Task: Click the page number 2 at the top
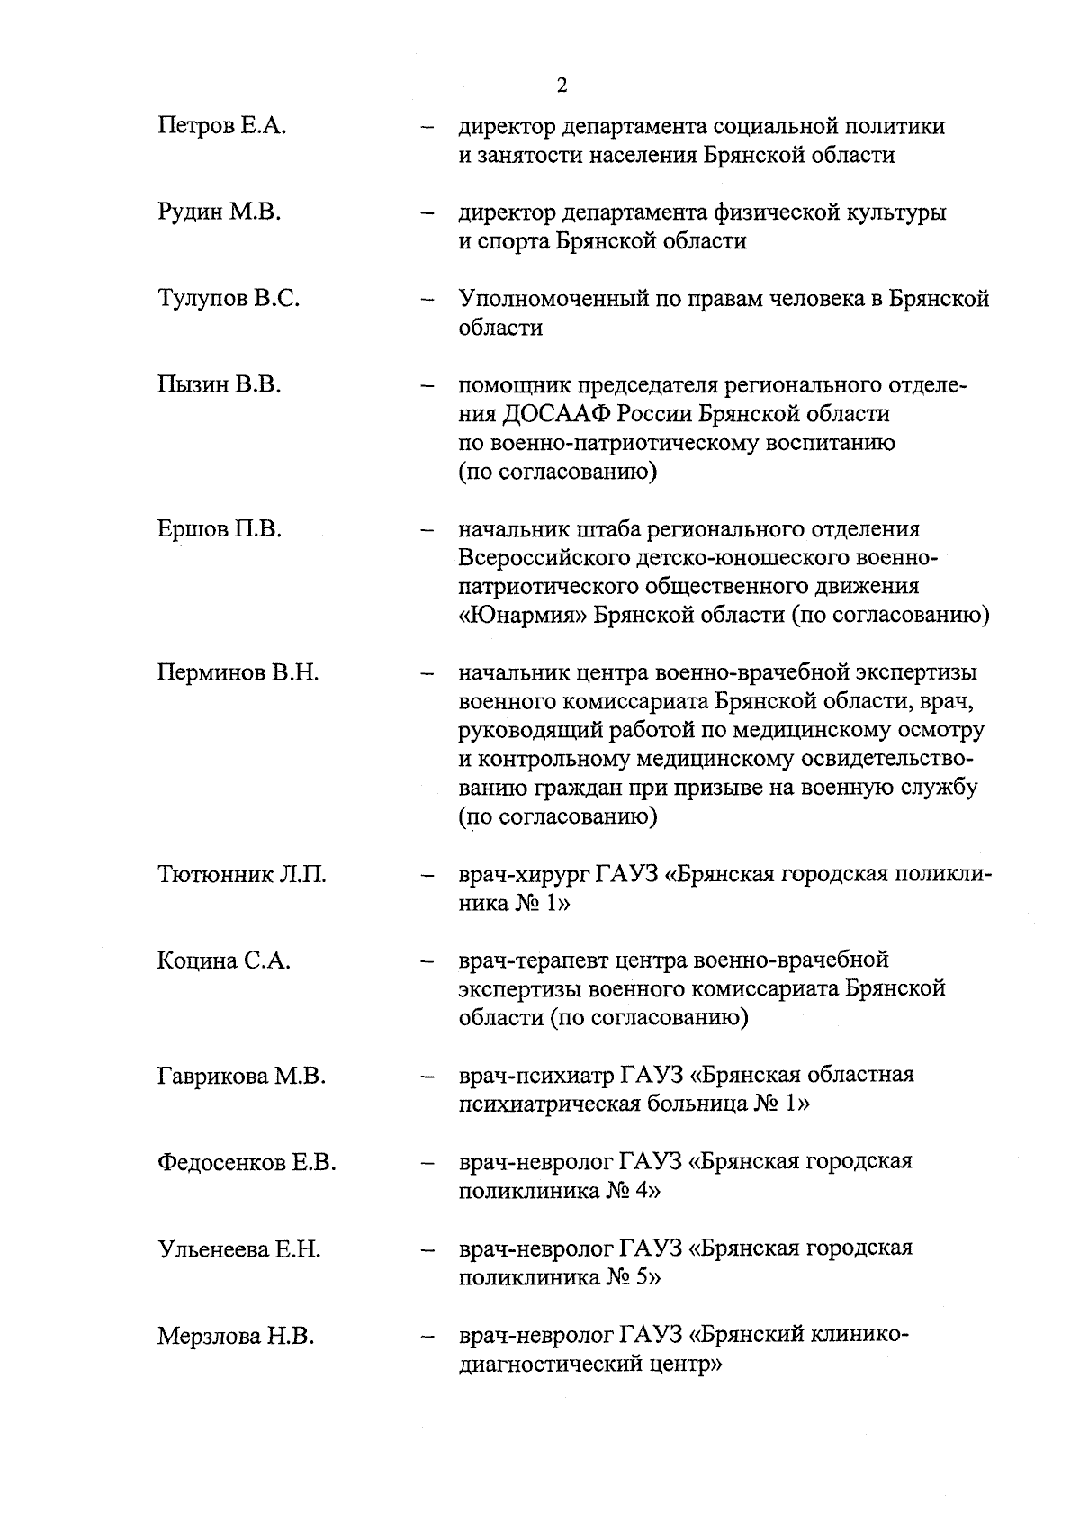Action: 562,86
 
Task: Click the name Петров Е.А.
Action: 221,126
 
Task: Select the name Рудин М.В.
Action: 220,213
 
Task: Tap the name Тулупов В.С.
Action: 229,300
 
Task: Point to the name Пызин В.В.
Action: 220,386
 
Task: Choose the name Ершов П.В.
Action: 220,529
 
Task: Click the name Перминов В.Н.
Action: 238,673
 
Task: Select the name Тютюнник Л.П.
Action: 241,875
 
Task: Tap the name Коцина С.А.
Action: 223,961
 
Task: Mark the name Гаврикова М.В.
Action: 241,1077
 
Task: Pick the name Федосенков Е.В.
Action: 247,1163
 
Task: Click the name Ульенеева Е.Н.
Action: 238,1249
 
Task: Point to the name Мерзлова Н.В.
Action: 236,1337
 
